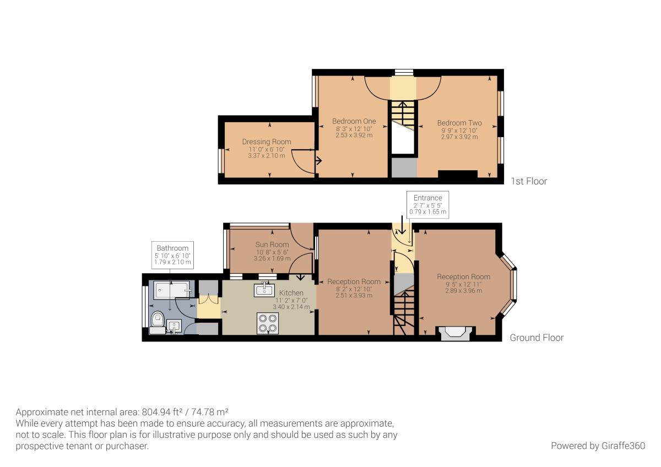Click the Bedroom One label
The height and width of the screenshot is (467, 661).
tap(354, 121)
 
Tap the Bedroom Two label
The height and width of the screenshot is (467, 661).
tap(459, 123)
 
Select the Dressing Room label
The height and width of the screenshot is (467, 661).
tap(267, 142)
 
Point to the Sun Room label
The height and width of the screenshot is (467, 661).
tap(272, 245)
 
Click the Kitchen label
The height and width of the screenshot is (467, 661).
tap(291, 293)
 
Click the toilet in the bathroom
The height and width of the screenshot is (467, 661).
tap(158, 323)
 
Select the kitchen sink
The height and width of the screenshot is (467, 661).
tap(264, 290)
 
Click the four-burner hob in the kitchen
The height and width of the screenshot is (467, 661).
tap(268, 323)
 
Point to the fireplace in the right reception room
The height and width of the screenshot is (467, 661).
tap(455, 333)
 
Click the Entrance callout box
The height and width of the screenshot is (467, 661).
tap(427, 205)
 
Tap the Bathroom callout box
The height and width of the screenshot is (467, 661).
tap(172, 255)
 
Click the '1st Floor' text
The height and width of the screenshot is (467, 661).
tap(529, 181)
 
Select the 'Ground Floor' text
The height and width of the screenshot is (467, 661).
tap(537, 338)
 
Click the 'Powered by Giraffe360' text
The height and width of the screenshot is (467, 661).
tap(598, 446)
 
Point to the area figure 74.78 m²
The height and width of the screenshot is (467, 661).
tap(209, 411)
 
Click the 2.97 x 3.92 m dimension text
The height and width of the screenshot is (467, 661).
tap(459, 137)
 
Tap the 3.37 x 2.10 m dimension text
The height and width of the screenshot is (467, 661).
tap(267, 156)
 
